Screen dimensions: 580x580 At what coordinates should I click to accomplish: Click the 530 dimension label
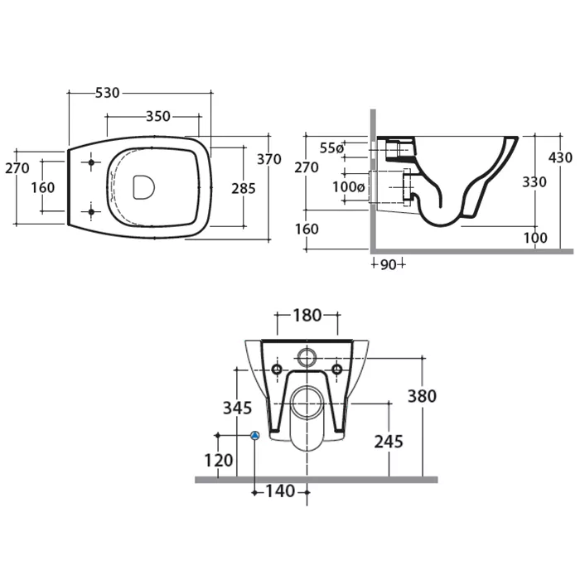107,93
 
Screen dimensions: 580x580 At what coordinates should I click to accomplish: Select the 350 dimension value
158,116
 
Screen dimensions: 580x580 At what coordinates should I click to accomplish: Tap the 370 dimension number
269,159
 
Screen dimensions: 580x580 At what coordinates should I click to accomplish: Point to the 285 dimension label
244,188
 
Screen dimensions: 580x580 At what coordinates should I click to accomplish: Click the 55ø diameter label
331,148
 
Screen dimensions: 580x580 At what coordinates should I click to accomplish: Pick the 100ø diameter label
349,186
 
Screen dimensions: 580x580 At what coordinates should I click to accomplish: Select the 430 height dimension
560,157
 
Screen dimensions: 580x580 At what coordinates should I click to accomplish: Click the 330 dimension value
534,181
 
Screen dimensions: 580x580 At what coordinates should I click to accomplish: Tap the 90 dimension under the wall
388,264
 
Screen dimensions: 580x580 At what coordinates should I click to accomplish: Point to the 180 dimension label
307,316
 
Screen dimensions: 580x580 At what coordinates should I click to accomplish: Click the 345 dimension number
237,408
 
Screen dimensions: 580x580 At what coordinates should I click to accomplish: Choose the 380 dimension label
422,396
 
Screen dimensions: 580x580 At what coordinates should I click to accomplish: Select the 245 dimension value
389,442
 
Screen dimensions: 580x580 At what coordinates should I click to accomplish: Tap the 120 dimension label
219,460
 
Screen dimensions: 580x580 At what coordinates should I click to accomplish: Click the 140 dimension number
280,491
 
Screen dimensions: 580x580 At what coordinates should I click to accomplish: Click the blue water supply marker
255,435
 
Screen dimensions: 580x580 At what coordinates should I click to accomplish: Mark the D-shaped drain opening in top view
143,186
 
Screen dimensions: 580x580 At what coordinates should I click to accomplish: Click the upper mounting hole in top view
91,162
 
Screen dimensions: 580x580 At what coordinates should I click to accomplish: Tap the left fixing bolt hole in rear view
277,369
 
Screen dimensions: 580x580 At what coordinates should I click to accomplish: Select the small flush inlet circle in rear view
307,357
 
